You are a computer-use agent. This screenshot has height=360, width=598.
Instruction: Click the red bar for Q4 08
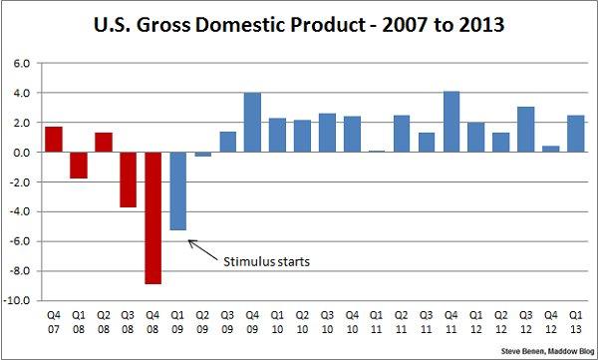click(x=153, y=217)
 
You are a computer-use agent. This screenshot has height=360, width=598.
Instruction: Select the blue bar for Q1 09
click(x=178, y=190)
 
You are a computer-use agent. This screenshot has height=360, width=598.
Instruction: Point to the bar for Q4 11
click(x=450, y=122)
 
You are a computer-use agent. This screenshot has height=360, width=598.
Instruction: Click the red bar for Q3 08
click(x=129, y=180)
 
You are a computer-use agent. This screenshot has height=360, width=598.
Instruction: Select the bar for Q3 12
click(x=524, y=130)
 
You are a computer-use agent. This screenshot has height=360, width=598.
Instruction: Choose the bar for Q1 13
click(x=574, y=134)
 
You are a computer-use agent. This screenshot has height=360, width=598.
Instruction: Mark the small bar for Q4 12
click(x=549, y=150)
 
